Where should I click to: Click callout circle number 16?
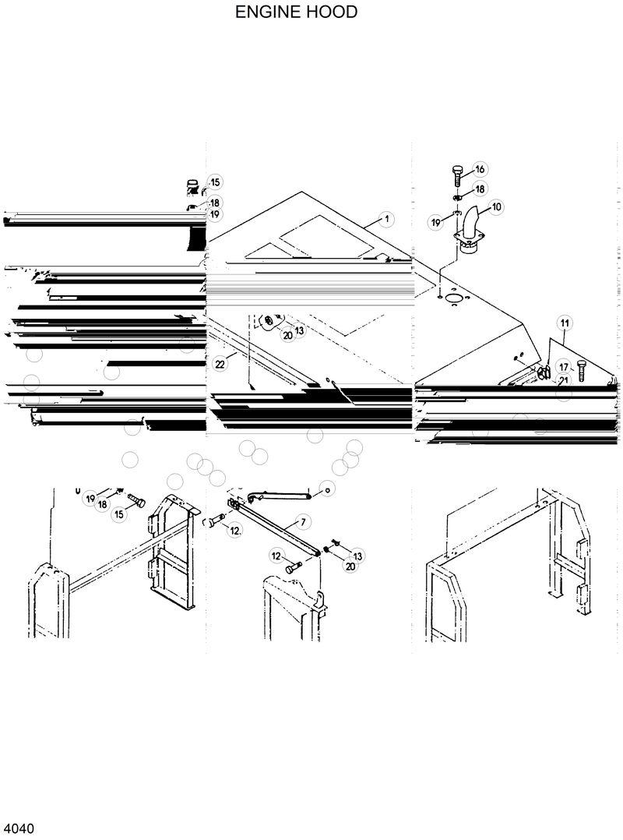pos(479,169)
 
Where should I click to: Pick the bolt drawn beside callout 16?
pos(458,174)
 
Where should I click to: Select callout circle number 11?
pos(565,323)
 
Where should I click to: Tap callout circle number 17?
pos(564,367)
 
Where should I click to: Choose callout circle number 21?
pos(564,379)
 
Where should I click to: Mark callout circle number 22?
pos(220,363)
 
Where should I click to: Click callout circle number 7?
pos(302,521)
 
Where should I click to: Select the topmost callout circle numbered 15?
pos(215,182)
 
